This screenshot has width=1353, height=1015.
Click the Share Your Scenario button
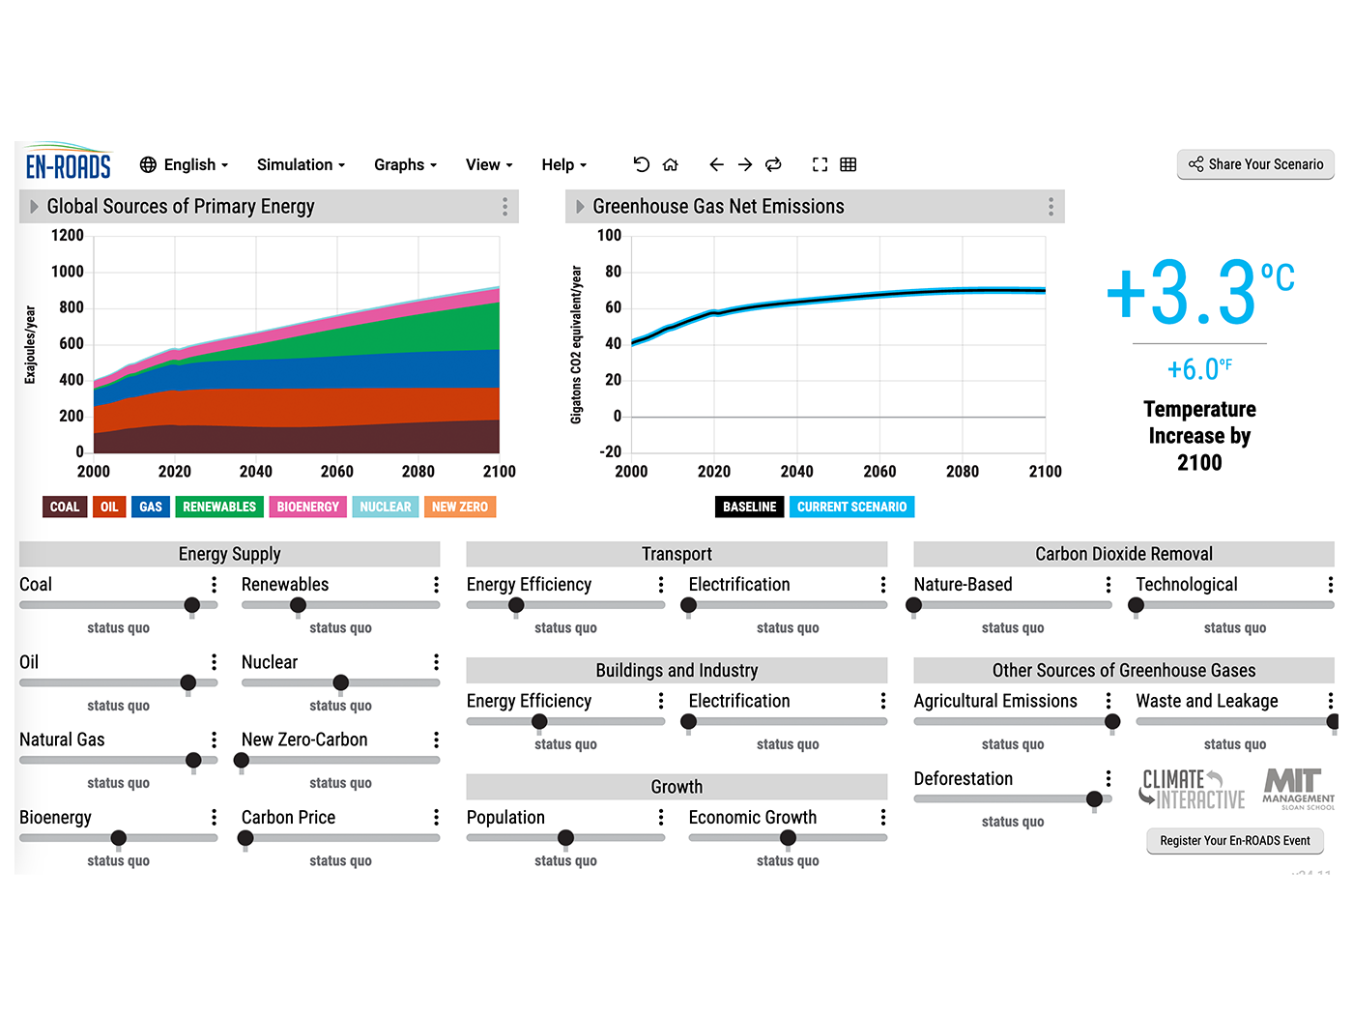[x=1255, y=164]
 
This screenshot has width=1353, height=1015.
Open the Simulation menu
[x=301, y=164]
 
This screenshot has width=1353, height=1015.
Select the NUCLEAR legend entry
[x=385, y=507]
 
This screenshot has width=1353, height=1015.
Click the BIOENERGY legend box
[x=307, y=507]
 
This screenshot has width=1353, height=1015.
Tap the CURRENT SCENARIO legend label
[x=851, y=507]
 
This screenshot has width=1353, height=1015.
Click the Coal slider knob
[x=192, y=605]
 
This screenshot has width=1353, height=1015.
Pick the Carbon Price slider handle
[x=245, y=838]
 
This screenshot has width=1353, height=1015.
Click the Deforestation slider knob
[x=1094, y=798]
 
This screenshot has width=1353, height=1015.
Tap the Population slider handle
[x=565, y=838]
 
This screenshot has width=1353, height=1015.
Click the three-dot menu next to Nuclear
[x=436, y=662]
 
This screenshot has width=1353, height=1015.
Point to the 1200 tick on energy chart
[x=68, y=235]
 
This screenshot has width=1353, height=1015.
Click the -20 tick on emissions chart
[x=610, y=451]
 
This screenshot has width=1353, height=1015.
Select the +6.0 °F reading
[x=1198, y=369]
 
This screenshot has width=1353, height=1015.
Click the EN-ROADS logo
[x=68, y=164]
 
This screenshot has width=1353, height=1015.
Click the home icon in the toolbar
[x=671, y=164]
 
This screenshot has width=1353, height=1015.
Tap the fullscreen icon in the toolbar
[x=820, y=164]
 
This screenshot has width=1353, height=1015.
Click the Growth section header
[x=676, y=787]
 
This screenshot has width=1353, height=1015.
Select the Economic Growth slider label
[x=752, y=818]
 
